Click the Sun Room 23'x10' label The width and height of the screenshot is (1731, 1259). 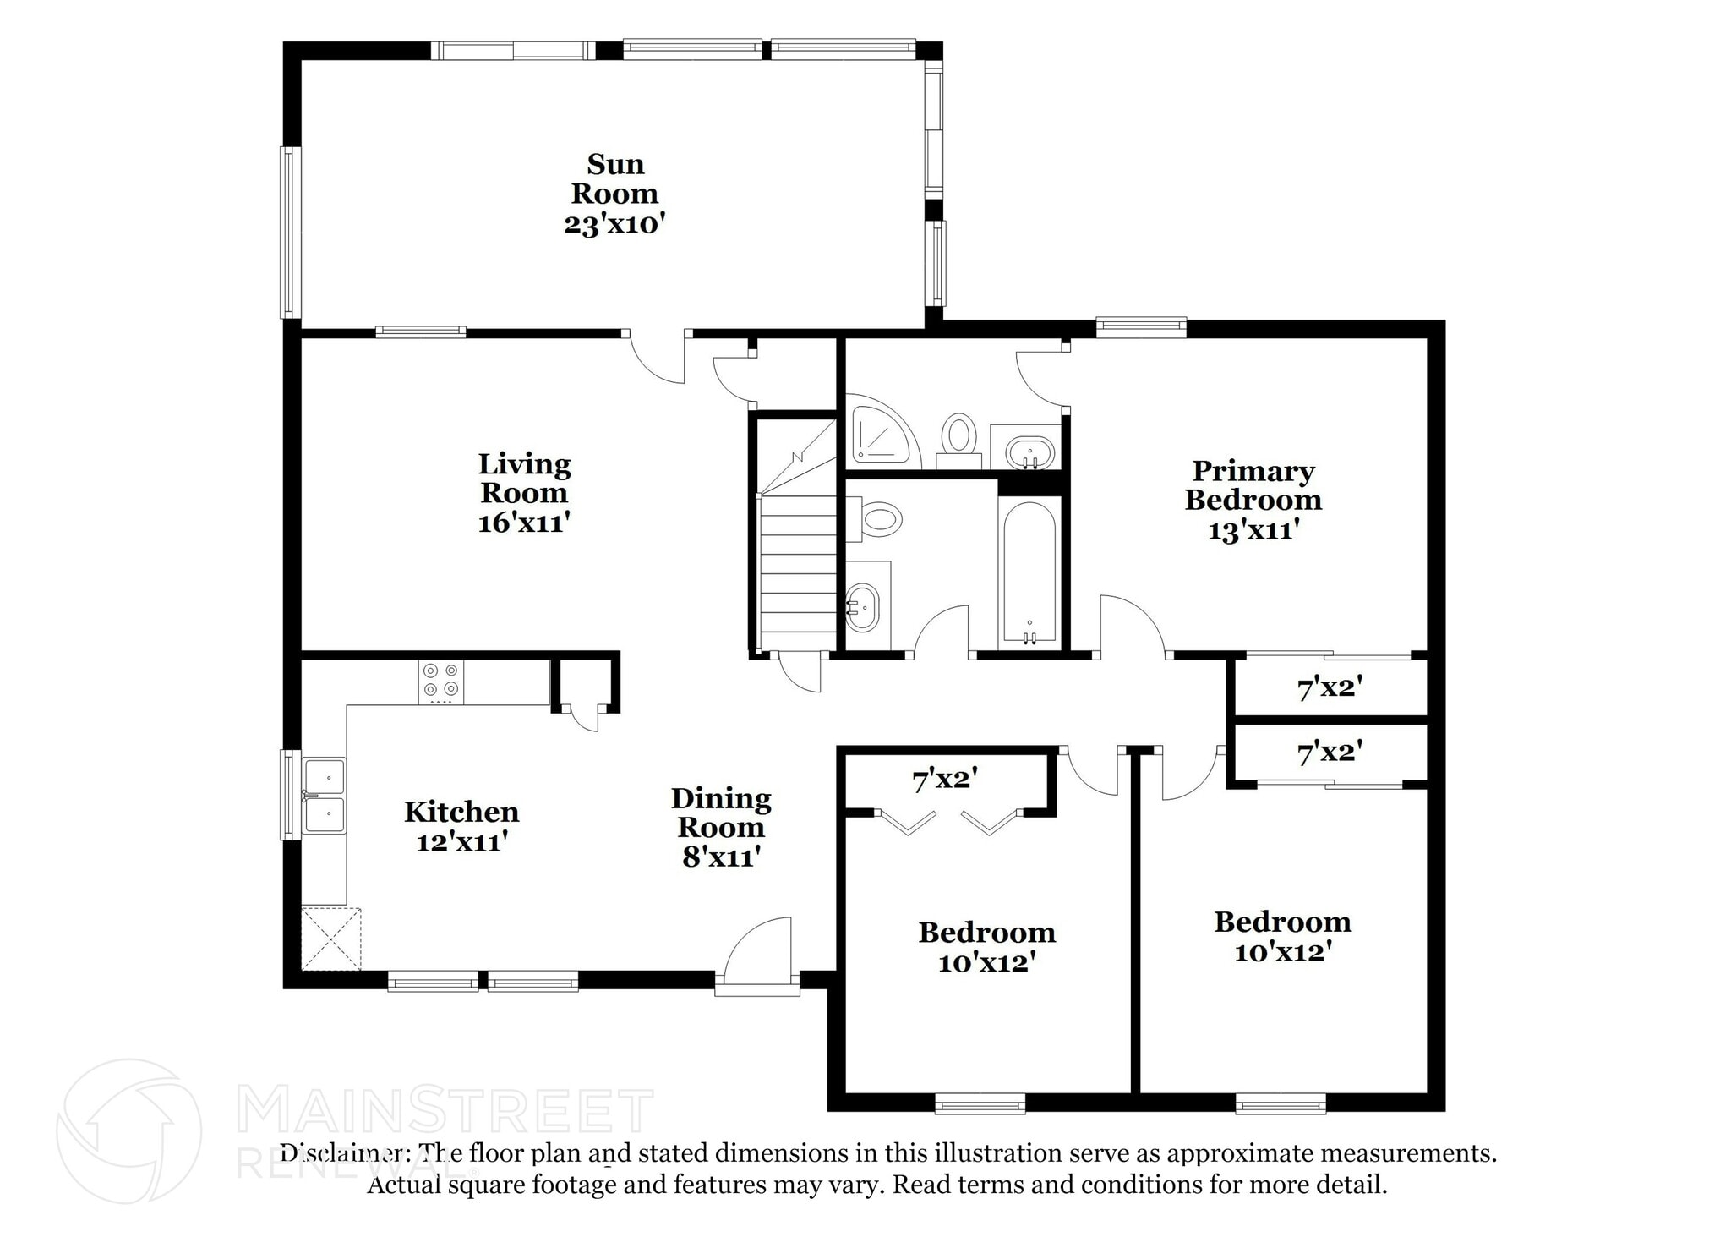point(614,194)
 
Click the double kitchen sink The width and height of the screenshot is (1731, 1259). point(325,796)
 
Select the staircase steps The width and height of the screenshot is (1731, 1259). point(798,575)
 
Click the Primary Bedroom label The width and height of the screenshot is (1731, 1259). point(1253,485)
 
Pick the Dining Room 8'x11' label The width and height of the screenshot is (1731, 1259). point(721,827)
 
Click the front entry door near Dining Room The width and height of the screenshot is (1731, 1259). point(757,955)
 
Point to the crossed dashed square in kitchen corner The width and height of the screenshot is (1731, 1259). point(331,939)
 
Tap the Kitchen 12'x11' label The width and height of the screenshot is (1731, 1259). point(461,826)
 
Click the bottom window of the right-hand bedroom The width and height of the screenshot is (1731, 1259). point(1281,1103)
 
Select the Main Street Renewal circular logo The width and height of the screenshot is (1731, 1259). point(128,1130)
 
